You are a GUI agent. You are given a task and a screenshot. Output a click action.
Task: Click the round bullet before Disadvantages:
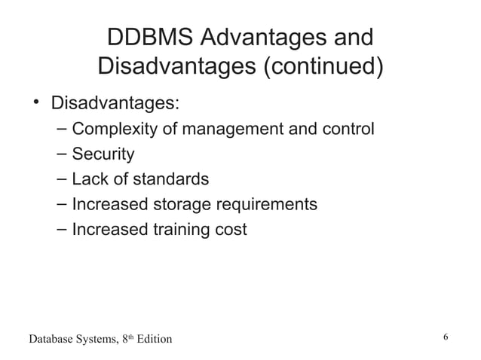point(35,102)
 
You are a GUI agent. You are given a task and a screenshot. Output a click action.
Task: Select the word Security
point(103,154)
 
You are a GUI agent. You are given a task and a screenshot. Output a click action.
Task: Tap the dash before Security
point(62,154)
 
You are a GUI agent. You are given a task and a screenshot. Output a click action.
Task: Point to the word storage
point(183,205)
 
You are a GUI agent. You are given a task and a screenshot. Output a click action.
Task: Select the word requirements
point(267,205)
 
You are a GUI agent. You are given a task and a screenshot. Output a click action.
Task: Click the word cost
point(230,230)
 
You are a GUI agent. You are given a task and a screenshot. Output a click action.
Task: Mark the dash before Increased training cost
point(62,229)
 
